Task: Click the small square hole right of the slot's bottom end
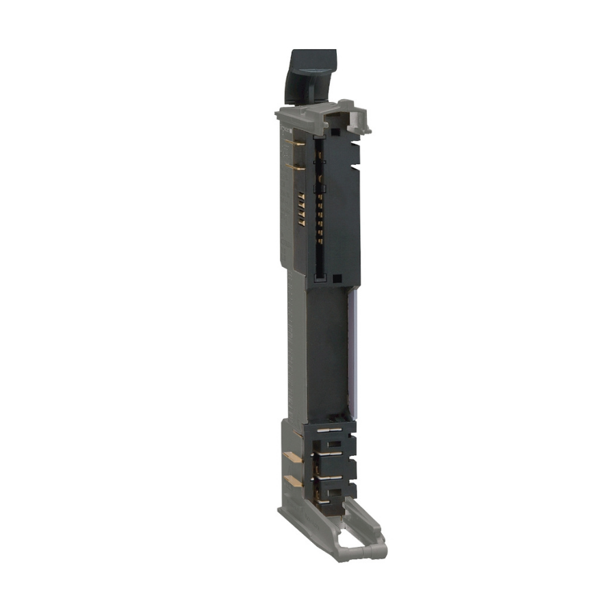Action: click(x=337, y=279)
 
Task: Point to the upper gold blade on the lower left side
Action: click(x=292, y=457)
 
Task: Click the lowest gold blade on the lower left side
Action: click(x=292, y=482)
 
